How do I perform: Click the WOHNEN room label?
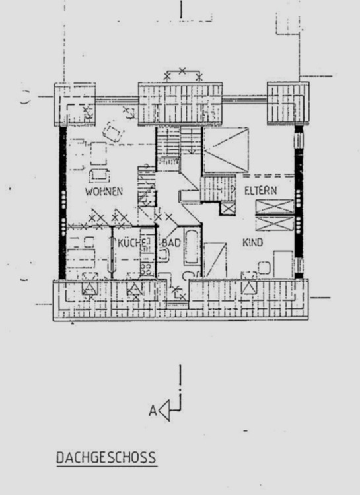tap(104, 191)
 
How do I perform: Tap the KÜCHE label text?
tap(131, 243)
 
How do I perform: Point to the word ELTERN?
tap(260, 190)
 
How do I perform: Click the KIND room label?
tap(253, 243)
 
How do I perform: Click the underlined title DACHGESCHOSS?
tap(106, 457)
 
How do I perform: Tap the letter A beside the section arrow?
tap(153, 411)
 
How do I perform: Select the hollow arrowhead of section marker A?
tap(164, 411)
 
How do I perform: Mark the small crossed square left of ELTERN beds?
tap(228, 209)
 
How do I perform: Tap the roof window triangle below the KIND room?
tap(249, 288)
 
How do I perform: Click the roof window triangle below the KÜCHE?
tap(134, 288)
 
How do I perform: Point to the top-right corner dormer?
tap(287, 104)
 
